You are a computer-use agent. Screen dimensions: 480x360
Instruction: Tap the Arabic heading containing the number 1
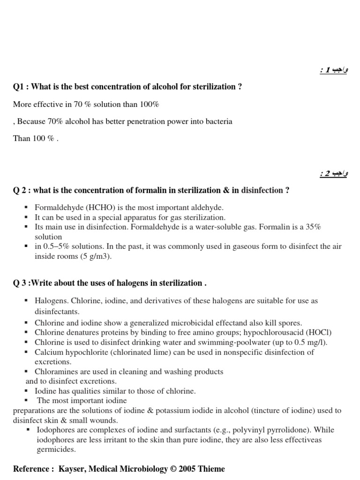[x=334, y=70]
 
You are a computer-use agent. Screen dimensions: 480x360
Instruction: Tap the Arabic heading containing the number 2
[x=334, y=174]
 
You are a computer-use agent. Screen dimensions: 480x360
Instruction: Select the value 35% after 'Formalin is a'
[x=311, y=227]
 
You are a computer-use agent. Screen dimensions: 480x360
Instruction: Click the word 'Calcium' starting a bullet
[x=48, y=352]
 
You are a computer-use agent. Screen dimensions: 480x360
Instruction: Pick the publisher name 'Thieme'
[x=211, y=469]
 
